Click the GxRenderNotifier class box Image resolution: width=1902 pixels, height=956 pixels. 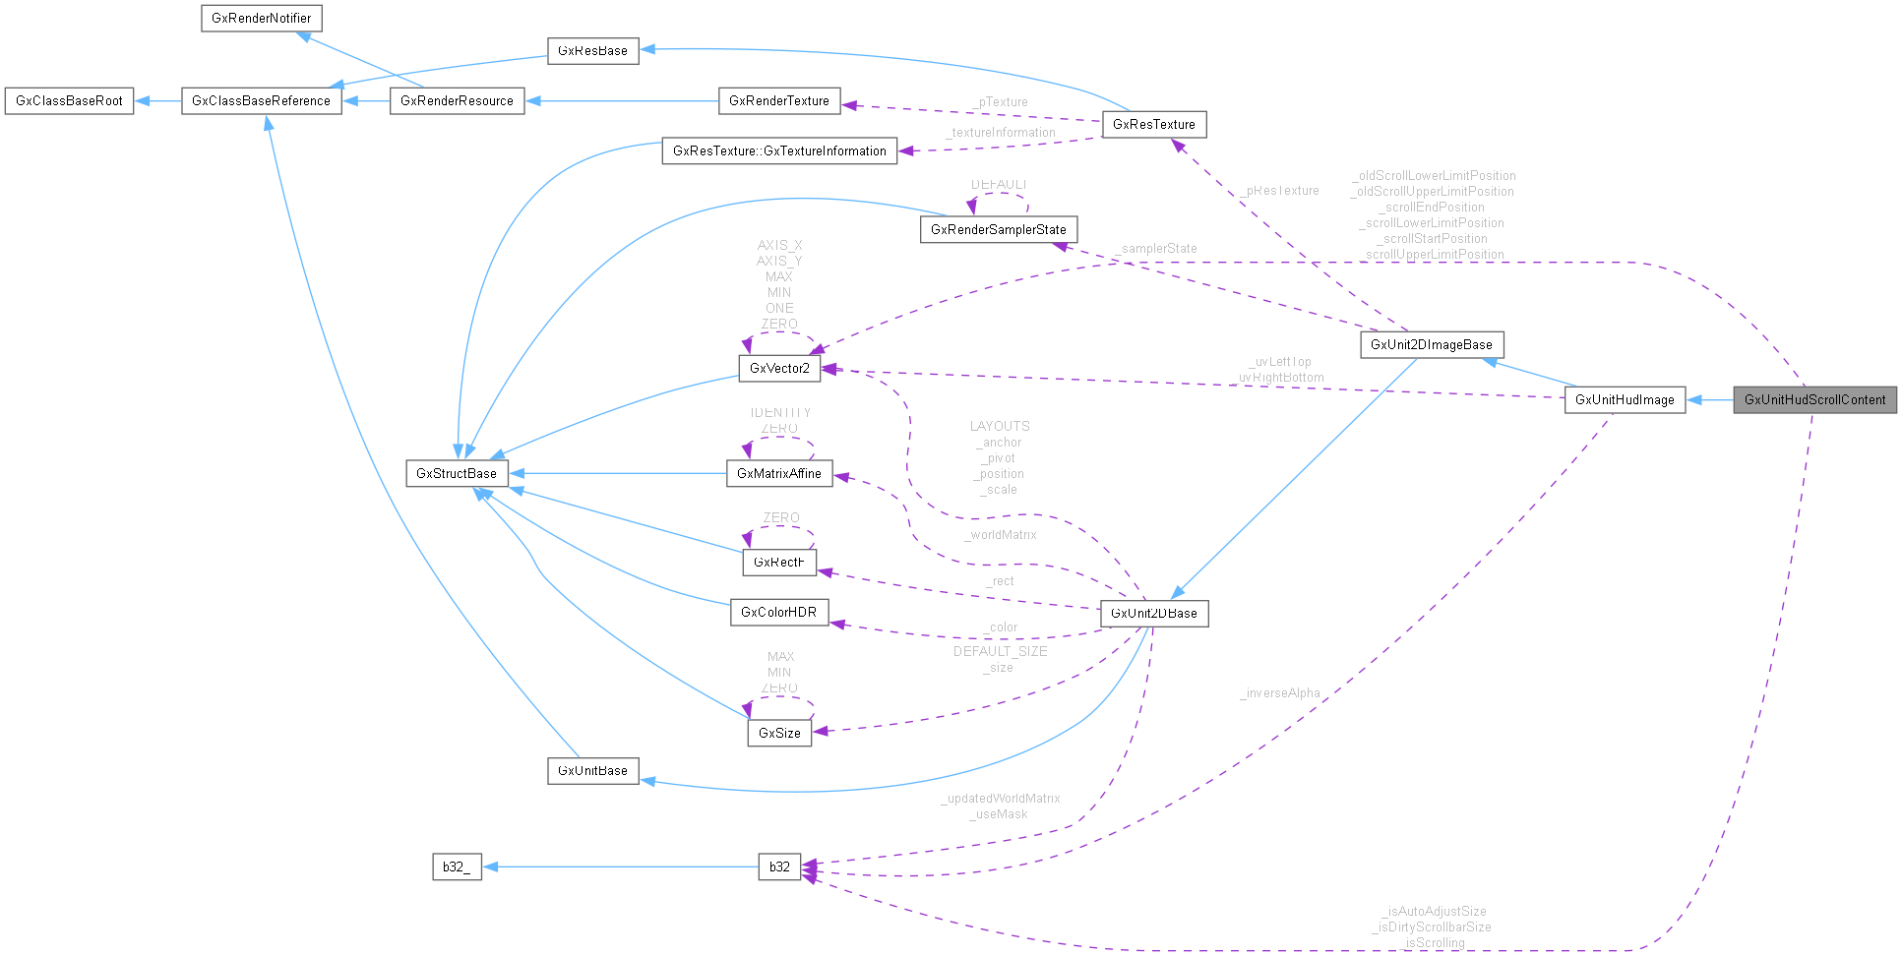tap(262, 19)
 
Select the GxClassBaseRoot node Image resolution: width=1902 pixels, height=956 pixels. tap(69, 101)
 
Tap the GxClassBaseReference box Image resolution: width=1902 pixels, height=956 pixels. tap(261, 101)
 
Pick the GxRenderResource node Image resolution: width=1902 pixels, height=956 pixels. tap(457, 101)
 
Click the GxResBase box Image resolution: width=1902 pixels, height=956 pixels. tap(592, 51)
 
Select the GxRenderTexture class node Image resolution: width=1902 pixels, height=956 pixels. tap(779, 100)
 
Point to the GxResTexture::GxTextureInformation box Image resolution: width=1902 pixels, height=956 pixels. tap(779, 151)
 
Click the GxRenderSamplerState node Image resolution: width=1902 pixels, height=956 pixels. tap(998, 230)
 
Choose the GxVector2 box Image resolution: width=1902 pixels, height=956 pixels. tap(779, 369)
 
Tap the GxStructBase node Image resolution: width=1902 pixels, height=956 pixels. tap(457, 474)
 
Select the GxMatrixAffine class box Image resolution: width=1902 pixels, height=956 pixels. tap(779, 474)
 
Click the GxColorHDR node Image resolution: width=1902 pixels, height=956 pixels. tap(778, 613)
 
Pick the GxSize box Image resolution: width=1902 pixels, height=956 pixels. tap(779, 734)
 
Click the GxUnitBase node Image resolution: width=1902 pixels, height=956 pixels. tap(592, 771)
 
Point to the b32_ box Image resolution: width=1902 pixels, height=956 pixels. tap(457, 867)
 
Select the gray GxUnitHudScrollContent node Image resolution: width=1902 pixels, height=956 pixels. tap(1814, 400)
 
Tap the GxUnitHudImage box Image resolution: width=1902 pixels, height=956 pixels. tap(1625, 400)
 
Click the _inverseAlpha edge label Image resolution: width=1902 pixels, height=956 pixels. tap(1280, 693)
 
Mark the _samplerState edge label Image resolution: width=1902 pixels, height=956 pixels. tap(1157, 249)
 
